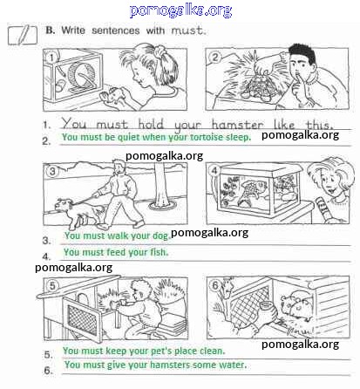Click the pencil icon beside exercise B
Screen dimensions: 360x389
tap(23, 35)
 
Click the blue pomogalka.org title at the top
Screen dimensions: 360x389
tap(180, 10)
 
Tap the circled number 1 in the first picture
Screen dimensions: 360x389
tap(51, 58)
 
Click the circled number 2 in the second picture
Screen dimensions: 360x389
tap(215, 58)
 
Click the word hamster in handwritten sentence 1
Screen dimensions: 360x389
tap(237, 125)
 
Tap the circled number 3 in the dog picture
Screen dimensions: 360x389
tap(52, 171)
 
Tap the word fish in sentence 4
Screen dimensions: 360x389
tap(159, 252)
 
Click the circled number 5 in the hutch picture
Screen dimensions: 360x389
tap(52, 285)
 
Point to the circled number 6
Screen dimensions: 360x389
tap(215, 285)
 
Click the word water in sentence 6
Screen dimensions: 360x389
tap(233, 365)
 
